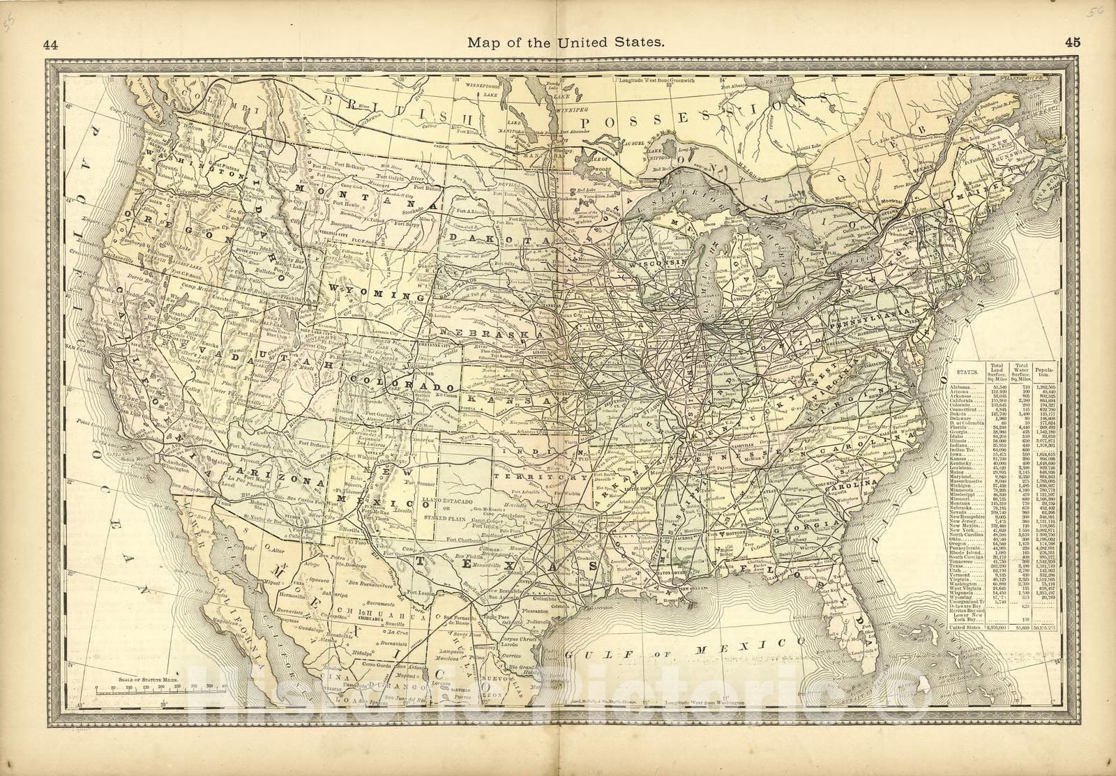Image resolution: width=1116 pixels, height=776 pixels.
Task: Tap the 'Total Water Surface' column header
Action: pos(1023,370)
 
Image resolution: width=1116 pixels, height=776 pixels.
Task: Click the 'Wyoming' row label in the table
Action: pos(963,598)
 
